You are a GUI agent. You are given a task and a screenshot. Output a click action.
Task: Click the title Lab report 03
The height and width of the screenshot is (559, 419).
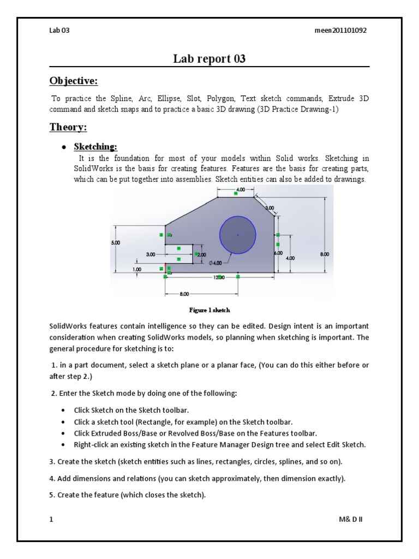coord(209,59)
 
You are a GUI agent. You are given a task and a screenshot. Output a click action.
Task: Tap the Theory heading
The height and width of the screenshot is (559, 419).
coord(68,127)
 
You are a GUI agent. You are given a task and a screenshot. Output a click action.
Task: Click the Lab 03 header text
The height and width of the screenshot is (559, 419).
coord(59,31)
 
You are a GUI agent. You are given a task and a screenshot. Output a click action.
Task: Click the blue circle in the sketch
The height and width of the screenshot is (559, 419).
coord(238,235)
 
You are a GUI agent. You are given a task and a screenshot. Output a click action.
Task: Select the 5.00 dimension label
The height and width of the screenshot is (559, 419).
coord(117,242)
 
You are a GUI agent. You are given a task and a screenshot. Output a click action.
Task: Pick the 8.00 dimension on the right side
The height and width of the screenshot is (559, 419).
coord(325,254)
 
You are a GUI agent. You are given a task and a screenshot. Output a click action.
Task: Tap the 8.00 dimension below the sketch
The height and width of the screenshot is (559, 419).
coord(184,294)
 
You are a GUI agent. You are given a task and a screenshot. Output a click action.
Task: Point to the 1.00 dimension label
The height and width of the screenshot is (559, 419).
coord(136,269)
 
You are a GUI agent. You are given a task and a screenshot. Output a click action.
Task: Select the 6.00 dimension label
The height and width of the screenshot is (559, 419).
coord(278,253)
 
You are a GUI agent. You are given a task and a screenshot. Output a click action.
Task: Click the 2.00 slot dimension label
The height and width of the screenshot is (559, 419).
coord(201,254)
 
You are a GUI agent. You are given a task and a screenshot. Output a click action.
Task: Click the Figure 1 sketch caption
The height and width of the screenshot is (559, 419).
coord(209,310)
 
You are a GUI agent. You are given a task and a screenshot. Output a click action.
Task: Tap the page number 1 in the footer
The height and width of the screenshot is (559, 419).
coord(51,519)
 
